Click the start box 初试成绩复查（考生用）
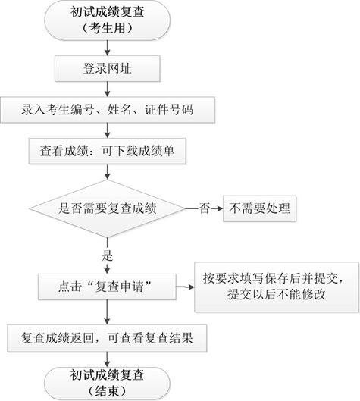coord(107,21)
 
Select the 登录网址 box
coord(107,70)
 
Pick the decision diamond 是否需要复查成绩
coord(107,207)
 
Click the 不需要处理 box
coord(259,207)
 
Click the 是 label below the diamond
coord(107,255)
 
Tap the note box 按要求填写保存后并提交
coord(276,286)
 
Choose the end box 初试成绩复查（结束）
coord(107,381)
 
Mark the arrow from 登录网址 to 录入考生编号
coord(107,89)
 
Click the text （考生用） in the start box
coord(107,29)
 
